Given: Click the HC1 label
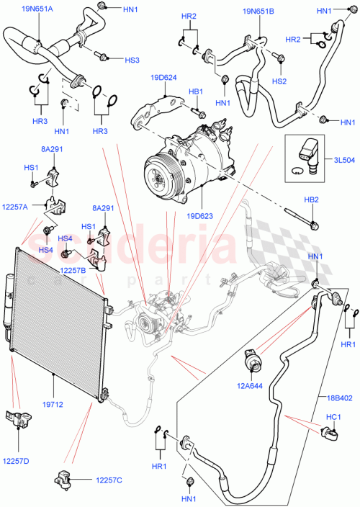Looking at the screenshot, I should [335, 417].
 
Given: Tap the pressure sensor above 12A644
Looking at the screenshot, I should [254, 360].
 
